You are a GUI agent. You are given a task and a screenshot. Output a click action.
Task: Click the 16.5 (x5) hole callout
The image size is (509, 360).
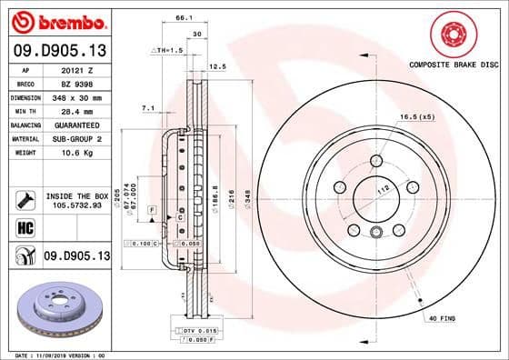414,117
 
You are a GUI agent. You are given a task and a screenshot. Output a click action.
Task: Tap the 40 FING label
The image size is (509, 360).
442,317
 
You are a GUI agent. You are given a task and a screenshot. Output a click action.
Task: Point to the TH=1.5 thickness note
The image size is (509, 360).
170,50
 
